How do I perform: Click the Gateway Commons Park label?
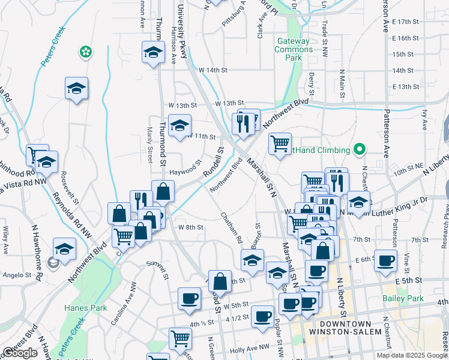(293, 50)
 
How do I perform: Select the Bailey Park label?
(403, 298)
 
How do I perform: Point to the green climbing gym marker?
(360, 149)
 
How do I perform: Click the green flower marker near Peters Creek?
(86, 52)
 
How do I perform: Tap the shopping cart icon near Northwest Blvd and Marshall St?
(280, 144)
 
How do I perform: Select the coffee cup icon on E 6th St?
(387, 261)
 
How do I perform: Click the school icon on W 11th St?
(179, 125)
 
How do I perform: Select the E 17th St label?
(405, 22)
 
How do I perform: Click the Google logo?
(20, 353)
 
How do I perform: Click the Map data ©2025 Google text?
(411, 355)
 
